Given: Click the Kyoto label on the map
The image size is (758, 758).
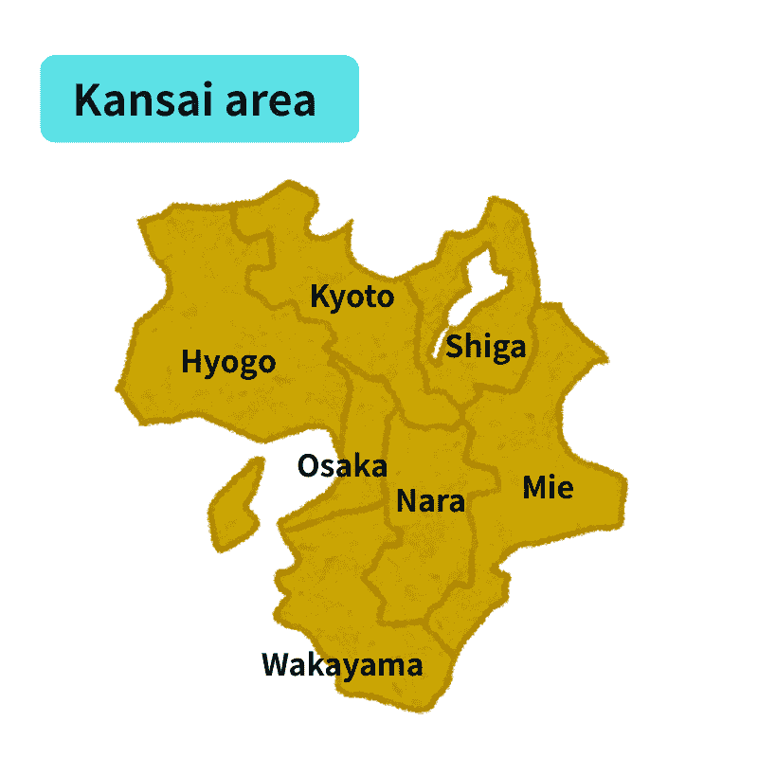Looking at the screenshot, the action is pos(352,297).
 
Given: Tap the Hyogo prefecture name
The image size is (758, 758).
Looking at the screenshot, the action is pos(228,362).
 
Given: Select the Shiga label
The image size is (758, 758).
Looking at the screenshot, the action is pos(485,347).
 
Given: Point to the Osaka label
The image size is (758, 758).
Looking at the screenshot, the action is pos(342,465).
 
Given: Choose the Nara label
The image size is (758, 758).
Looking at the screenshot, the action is pos(430,500).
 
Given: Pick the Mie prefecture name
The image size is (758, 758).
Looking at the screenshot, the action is pos(548,488).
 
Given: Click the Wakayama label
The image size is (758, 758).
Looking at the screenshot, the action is pos(342,664).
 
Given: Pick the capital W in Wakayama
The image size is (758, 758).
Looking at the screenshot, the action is pos(277,664).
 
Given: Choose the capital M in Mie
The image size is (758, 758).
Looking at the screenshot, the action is pos(534,488).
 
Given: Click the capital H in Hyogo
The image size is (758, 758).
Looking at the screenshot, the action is pos(191,362).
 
